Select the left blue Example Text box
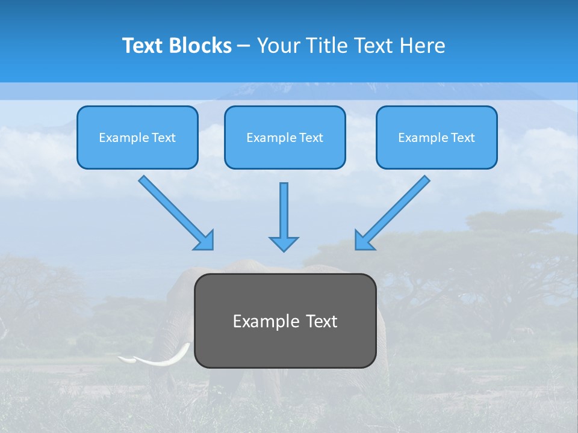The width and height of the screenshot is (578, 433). (x=137, y=138)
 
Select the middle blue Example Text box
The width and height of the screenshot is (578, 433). (x=285, y=138)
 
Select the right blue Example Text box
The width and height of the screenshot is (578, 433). (x=437, y=138)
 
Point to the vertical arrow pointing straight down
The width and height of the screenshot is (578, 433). (x=284, y=210)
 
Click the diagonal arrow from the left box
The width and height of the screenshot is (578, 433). (x=172, y=208)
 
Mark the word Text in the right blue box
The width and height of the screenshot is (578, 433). (x=462, y=138)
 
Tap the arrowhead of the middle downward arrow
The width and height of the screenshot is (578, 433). (x=284, y=243)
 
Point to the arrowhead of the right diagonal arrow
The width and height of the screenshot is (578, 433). (x=364, y=240)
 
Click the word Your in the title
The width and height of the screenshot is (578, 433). (x=278, y=46)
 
